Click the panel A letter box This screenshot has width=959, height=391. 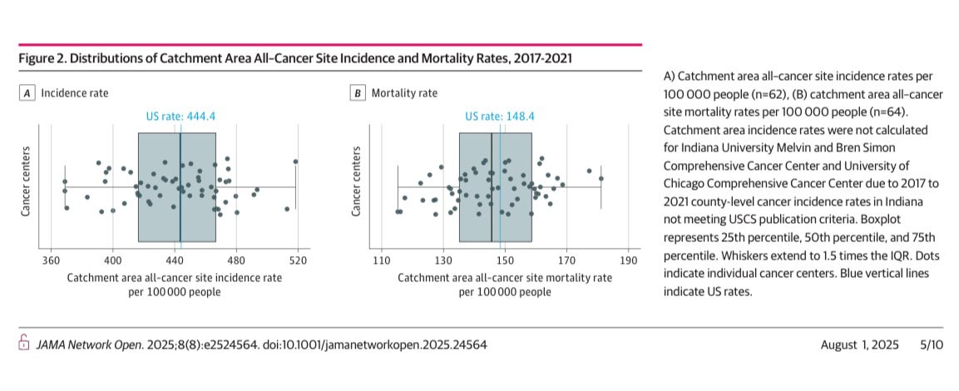(x=27, y=93)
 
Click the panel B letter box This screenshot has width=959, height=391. (x=358, y=93)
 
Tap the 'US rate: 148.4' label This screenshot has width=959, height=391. (x=499, y=116)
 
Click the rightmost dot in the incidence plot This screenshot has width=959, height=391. (x=295, y=161)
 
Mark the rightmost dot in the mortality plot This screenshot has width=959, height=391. (x=601, y=178)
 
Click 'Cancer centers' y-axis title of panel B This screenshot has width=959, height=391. (x=357, y=183)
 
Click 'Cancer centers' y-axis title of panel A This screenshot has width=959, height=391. (x=26, y=183)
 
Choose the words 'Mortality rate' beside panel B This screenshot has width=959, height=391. (x=404, y=93)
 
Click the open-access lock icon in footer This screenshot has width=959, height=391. (x=23, y=343)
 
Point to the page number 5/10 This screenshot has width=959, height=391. (x=932, y=344)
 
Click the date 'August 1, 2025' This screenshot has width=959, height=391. (x=859, y=344)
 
